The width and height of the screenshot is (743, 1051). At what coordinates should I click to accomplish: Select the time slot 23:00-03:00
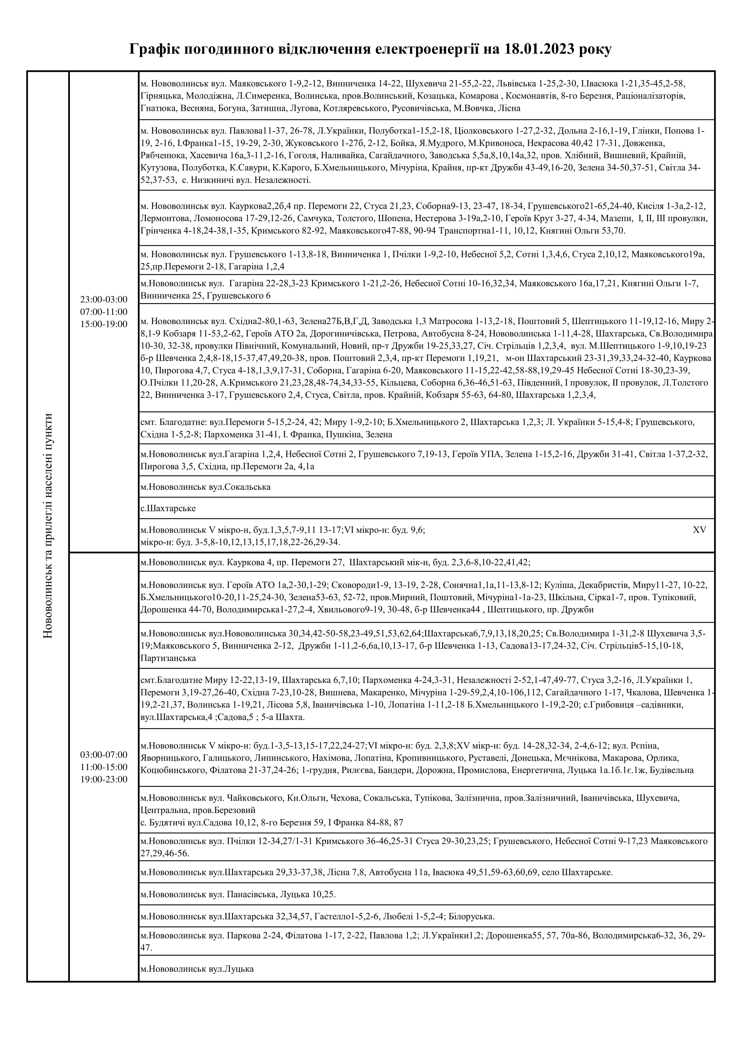pyautogui.click(x=104, y=299)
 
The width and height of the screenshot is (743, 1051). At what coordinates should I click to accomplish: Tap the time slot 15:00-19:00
pyautogui.click(x=104, y=324)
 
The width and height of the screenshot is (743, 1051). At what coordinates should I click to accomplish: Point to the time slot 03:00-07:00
pyautogui.click(x=104, y=754)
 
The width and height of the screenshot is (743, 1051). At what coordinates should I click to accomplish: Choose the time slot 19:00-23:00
pyautogui.click(x=104, y=779)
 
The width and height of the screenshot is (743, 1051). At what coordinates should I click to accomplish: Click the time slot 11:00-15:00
pyautogui.click(x=104, y=767)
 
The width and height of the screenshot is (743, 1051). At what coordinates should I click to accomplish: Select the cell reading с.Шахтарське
pyautogui.click(x=168, y=508)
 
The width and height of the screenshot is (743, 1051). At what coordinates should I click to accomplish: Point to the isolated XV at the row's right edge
pyautogui.click(x=699, y=530)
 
